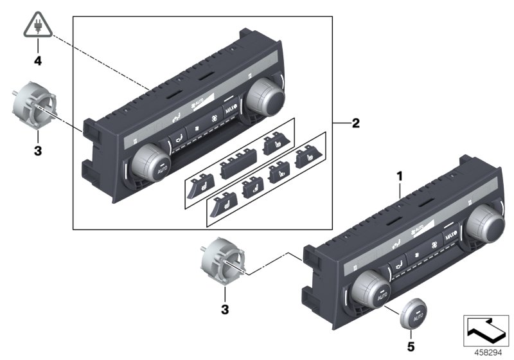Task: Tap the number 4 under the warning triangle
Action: (x=38, y=63)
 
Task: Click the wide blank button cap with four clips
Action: (x=236, y=169)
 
